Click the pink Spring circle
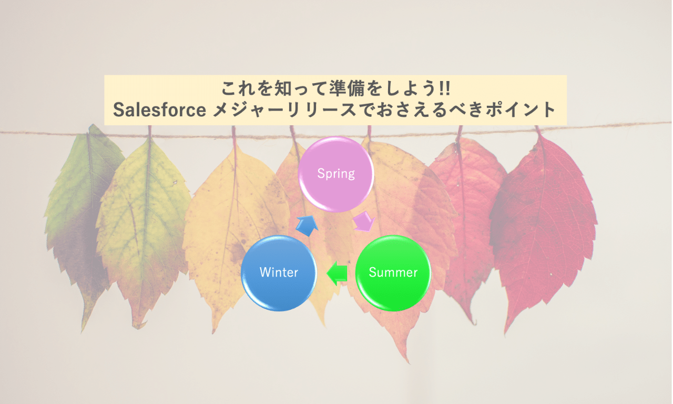[x=336, y=174]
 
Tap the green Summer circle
[x=393, y=272]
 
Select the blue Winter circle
[x=279, y=272]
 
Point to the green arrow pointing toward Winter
[x=337, y=273]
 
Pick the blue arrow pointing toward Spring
[x=307, y=226]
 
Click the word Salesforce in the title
[x=159, y=109]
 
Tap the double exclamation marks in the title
[x=444, y=88]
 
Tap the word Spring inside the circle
[x=336, y=174]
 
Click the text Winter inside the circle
[x=279, y=272]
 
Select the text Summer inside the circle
[x=393, y=272]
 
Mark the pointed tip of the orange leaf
[x=408, y=363]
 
